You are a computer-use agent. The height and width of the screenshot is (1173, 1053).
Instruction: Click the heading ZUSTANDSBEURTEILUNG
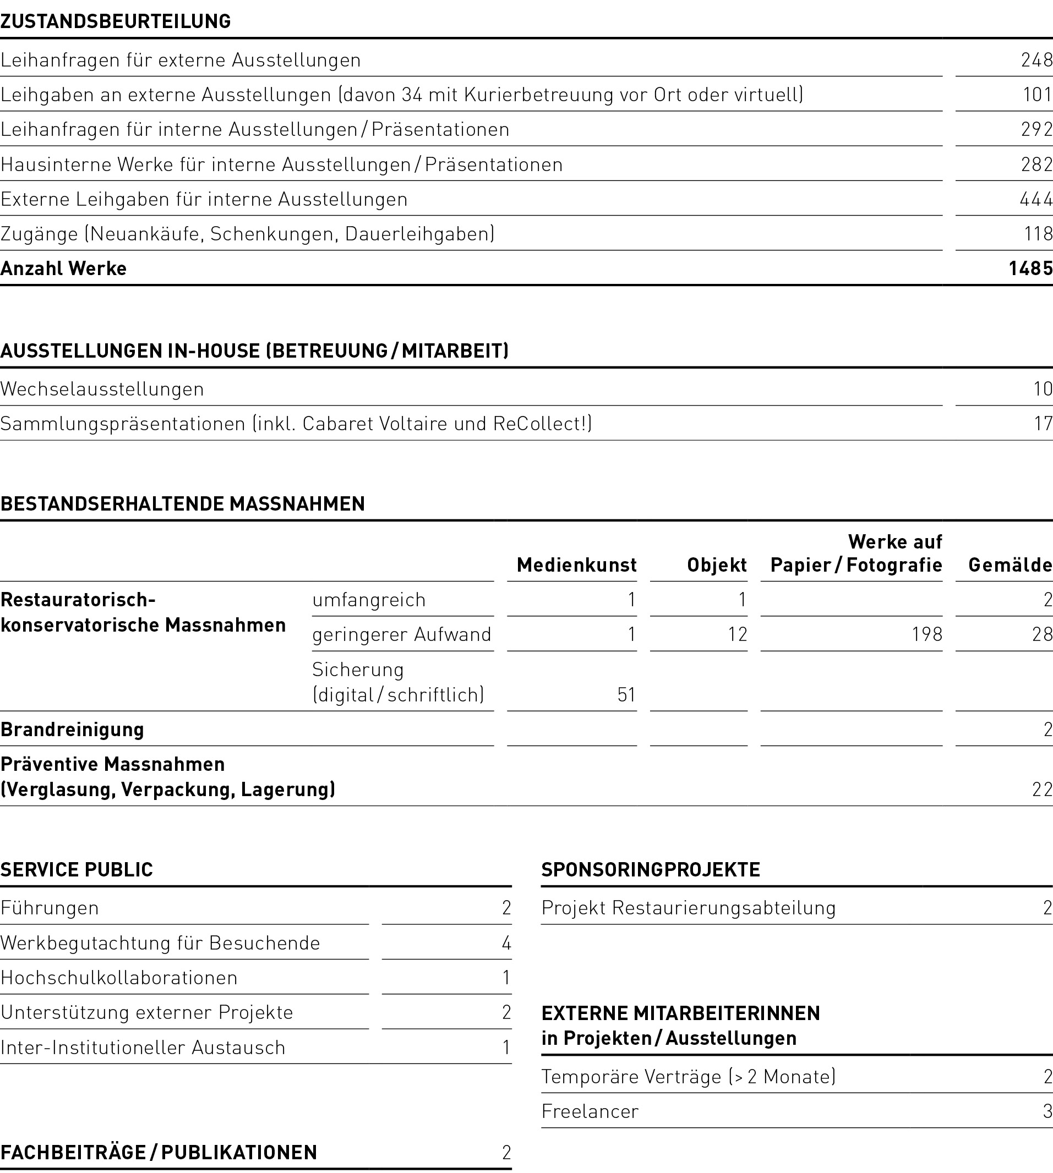pos(115,21)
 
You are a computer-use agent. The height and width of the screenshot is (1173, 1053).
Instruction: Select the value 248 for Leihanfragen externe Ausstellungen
pos(1036,60)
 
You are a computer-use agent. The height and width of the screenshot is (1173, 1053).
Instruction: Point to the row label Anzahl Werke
pos(64,268)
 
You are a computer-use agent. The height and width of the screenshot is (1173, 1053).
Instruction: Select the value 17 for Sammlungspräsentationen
pos(1043,424)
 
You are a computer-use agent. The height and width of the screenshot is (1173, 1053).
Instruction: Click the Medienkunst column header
pos(576,565)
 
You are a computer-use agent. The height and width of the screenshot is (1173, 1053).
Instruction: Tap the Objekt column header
pos(717,565)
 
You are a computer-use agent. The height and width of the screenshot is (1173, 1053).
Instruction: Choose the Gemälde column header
pos(1010,565)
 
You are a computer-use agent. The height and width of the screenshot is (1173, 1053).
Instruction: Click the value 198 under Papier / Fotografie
pos(927,634)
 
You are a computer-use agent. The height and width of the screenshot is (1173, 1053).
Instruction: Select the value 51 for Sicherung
pos(626,695)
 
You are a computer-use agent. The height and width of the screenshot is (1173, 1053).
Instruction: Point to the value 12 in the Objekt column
pos(738,634)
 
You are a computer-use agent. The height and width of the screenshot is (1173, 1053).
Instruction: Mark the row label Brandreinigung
pos(72,730)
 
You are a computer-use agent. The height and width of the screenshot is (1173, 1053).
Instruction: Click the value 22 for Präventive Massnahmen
pos(1042,790)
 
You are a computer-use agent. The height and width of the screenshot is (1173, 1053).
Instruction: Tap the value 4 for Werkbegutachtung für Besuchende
pos(506,944)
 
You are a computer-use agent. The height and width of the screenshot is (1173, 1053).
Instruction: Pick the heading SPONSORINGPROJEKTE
pos(650,870)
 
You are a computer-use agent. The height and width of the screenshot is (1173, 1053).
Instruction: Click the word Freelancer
pos(590,1111)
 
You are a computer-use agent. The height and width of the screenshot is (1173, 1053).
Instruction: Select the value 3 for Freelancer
pos(1047,1111)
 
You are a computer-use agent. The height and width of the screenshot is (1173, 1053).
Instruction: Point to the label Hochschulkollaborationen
pos(119,978)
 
